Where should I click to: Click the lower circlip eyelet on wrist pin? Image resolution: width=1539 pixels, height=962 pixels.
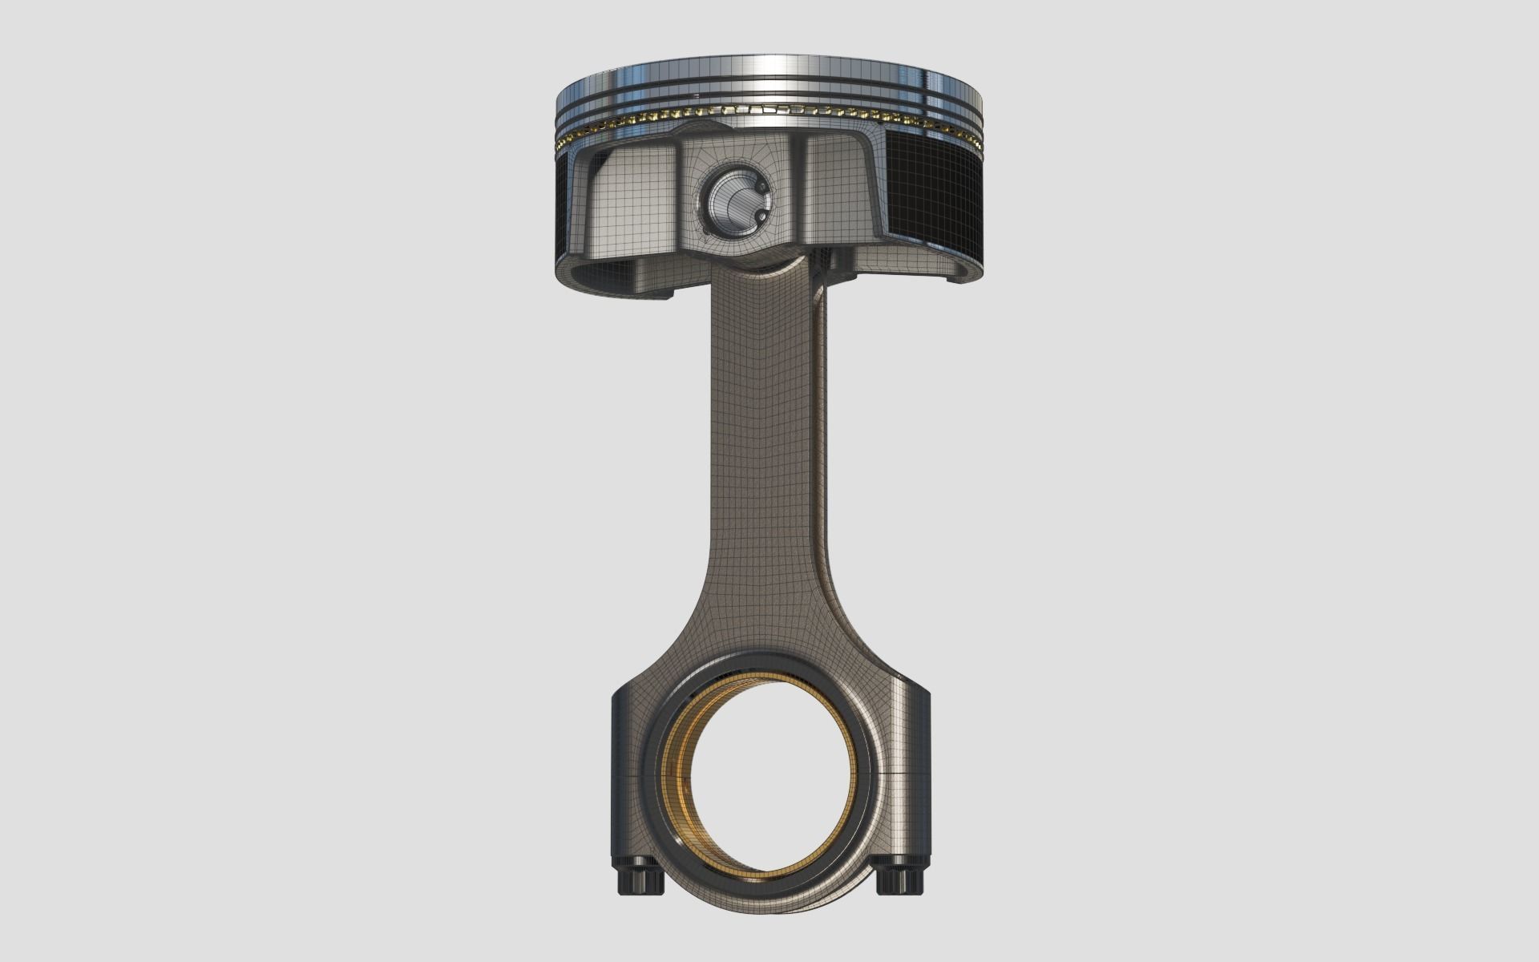tap(757, 217)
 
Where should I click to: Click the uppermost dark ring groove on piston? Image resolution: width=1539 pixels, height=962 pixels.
tap(769, 81)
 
